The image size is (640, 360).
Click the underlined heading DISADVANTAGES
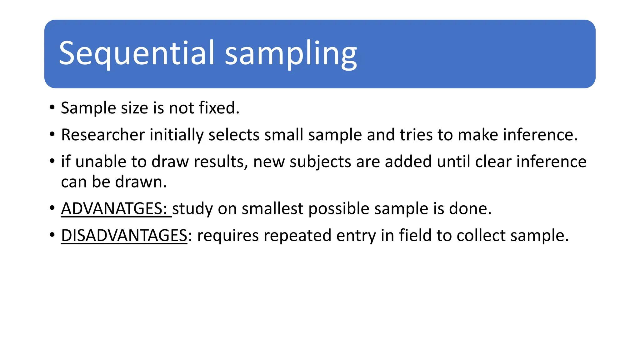pos(124,235)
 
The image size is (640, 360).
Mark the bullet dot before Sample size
pos(52,108)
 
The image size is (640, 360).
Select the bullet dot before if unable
pos(52,162)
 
